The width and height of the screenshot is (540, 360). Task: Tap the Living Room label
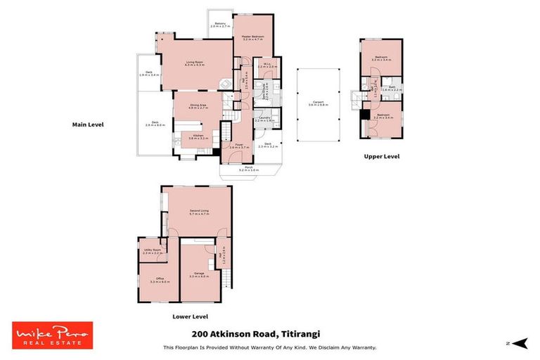coord(195,63)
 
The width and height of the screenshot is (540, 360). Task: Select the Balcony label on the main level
coord(221,24)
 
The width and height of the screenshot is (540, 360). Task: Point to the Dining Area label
coord(198,106)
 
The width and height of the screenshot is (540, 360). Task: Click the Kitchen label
coord(196,136)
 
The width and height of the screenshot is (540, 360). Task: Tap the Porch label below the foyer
coord(249,169)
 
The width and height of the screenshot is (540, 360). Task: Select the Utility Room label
coord(153,251)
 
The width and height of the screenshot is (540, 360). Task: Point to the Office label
coord(159,280)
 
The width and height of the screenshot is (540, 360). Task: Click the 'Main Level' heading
coord(88,124)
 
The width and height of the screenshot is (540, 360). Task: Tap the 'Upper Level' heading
coord(382,157)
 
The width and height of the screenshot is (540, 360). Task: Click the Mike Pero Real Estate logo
coord(52,335)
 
